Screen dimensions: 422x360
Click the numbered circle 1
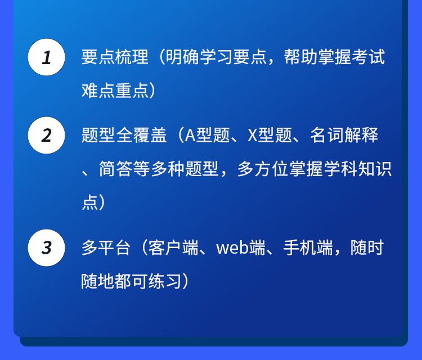(x=46, y=57)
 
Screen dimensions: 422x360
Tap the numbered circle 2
(x=46, y=136)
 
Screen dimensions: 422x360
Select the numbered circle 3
(x=46, y=248)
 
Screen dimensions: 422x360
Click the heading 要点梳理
(x=115, y=57)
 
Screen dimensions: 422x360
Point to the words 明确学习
(x=199, y=57)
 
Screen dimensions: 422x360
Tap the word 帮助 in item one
(x=300, y=57)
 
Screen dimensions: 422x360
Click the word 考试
(x=368, y=57)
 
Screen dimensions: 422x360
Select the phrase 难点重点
(x=115, y=91)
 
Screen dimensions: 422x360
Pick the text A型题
(x=208, y=135)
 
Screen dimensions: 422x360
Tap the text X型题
(x=270, y=135)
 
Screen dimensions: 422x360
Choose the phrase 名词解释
(x=344, y=135)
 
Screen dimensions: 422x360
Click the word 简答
(x=116, y=169)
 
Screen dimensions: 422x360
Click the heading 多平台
(x=106, y=248)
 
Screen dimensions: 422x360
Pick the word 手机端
(x=308, y=248)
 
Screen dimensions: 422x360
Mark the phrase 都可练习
(x=149, y=281)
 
